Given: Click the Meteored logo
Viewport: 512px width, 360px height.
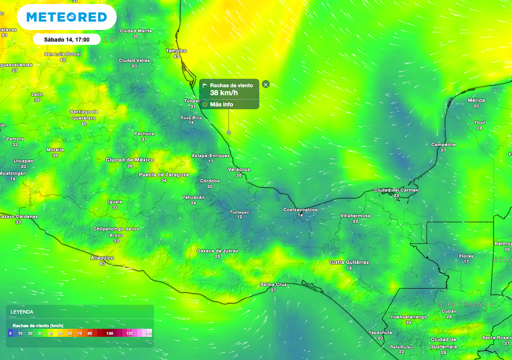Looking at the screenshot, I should click(66, 17).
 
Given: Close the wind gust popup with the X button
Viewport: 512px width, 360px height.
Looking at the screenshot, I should click(266, 84).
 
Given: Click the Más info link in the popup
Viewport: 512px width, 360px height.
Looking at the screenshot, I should click(221, 104).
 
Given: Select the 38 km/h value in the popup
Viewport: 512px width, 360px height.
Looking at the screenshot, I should click(224, 93).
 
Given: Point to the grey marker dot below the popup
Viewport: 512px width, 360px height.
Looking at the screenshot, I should click(229, 132).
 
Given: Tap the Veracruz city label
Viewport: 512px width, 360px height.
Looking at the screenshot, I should click(239, 169).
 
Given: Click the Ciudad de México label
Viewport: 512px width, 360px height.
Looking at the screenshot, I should click(129, 160).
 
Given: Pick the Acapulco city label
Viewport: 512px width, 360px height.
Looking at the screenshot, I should click(102, 258).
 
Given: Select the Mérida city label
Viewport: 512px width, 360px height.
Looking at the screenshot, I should click(476, 100).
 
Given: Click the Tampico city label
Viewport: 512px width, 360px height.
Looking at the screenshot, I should click(176, 51).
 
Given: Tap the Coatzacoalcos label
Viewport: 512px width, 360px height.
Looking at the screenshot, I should click(300, 210).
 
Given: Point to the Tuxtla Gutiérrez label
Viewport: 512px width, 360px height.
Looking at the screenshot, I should click(349, 262).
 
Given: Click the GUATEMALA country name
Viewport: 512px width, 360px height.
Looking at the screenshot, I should click(465, 304).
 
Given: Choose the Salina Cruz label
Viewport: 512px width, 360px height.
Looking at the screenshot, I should click(273, 284).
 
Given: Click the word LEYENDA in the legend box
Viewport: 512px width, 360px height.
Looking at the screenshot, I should click(22, 312).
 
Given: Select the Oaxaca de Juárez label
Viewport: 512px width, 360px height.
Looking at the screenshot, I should click(217, 251).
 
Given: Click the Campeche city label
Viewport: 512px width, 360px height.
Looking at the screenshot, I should click(443, 145).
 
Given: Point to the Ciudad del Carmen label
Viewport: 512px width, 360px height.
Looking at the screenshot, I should click(396, 190).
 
